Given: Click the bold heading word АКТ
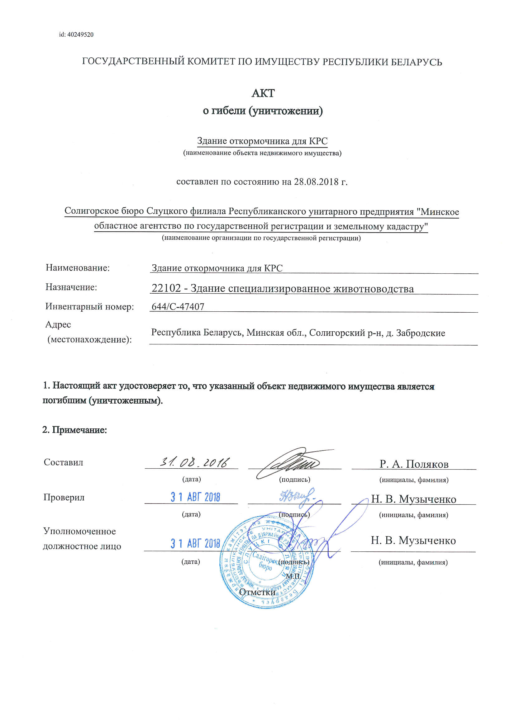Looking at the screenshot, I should (x=263, y=93).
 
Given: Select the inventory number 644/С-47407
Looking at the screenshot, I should (x=178, y=307).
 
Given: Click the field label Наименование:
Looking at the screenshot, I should (x=78, y=268).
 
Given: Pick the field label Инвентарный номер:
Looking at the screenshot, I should (x=89, y=307).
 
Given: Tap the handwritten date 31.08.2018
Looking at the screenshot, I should (x=194, y=463).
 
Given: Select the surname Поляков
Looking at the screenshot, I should (x=427, y=464).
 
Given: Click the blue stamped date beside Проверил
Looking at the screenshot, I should (x=195, y=497).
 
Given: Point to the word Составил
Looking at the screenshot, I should (x=64, y=462).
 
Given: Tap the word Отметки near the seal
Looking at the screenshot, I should (x=257, y=592).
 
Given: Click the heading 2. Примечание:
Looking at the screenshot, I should (x=74, y=430).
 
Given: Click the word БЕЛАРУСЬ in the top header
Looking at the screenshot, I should (x=416, y=62).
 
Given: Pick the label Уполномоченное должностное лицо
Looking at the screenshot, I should (x=82, y=539).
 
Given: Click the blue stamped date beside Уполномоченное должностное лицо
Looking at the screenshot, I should (x=195, y=543).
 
